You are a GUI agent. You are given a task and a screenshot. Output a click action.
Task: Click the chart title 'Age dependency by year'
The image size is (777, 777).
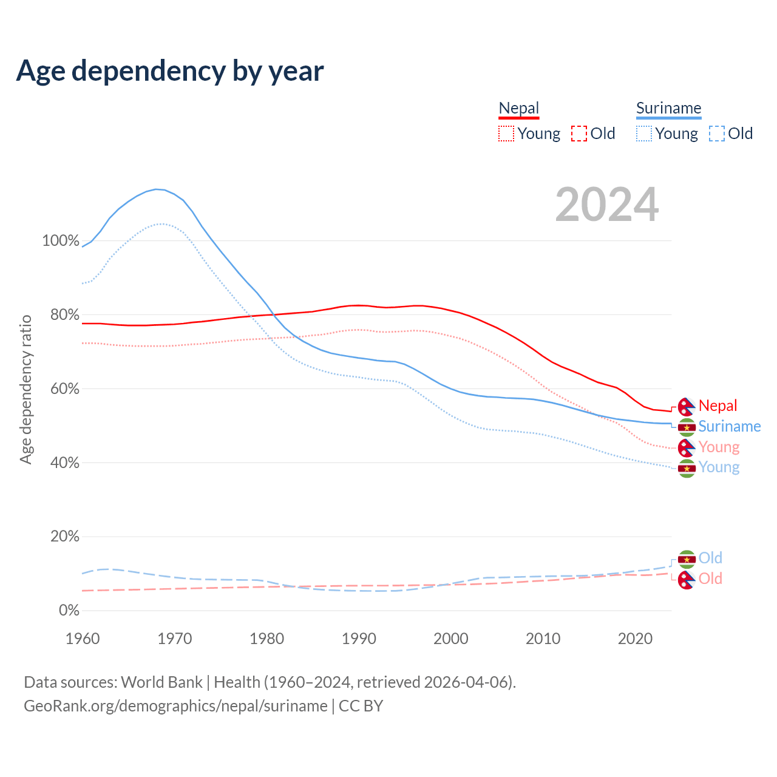170,71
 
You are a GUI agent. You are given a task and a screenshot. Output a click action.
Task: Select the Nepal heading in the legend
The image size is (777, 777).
518,108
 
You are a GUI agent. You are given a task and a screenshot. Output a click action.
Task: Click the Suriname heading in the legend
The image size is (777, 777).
668,108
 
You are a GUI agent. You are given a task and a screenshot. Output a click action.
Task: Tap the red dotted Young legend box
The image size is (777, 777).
506,134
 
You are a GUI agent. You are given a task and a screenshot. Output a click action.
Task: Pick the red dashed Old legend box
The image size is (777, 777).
579,134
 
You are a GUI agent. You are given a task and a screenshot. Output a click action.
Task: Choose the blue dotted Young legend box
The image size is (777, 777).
644,134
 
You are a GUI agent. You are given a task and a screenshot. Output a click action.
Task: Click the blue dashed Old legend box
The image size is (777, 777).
717,134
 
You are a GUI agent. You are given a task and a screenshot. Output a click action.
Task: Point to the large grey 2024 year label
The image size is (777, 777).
606,205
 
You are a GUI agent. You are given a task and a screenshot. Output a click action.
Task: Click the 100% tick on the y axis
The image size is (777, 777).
61,240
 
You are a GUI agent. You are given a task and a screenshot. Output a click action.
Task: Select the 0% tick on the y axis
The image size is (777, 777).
69,610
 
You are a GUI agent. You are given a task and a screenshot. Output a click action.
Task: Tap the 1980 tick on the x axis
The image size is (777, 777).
267,639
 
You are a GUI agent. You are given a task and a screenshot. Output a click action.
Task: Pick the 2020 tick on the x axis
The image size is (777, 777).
635,639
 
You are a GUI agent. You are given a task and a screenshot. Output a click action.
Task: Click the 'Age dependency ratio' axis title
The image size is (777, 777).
25,389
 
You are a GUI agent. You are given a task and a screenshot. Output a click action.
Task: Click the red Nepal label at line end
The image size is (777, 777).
718,405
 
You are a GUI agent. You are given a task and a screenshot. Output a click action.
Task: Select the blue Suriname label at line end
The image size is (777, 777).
729,426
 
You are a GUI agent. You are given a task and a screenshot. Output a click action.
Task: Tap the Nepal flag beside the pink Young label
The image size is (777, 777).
687,448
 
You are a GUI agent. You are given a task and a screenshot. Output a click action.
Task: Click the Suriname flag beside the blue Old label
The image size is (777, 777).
687,559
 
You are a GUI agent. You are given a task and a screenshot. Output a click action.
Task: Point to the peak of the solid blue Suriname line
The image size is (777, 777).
157,189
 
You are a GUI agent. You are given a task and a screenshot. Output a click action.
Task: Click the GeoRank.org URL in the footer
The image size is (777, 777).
175,706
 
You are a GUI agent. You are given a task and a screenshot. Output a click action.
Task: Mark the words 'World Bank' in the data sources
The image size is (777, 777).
161,682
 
